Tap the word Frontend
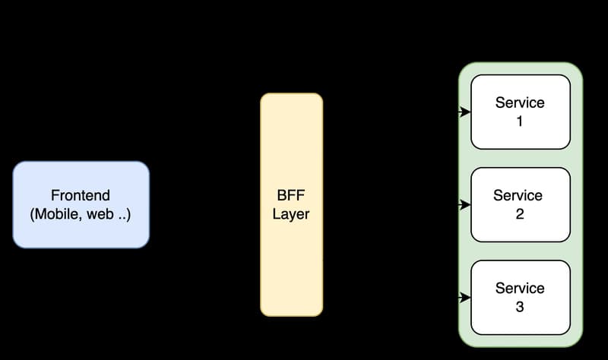81,195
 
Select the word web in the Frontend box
100,214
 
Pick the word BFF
291,195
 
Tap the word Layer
291,214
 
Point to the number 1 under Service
520,122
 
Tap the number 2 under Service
520,214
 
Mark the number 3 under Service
520,307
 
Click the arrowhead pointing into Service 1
465,112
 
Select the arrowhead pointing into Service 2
465,204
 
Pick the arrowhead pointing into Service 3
465,297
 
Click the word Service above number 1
520,103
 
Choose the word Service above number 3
520,288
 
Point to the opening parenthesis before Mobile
33,215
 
